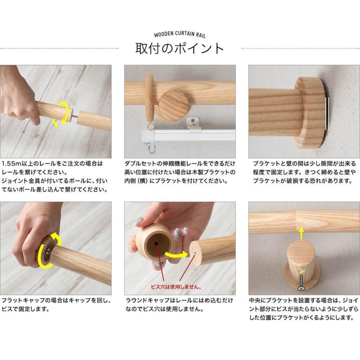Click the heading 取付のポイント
pos(179,49)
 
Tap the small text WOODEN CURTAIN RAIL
pos(180,34)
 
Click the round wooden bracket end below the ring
pos(173,106)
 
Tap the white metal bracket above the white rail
pos(193,124)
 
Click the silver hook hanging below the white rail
pos(151,148)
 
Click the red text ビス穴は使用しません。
pos(176,287)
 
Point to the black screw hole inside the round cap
pos(156,244)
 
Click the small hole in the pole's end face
pos(195,253)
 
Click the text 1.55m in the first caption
pos(11,164)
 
